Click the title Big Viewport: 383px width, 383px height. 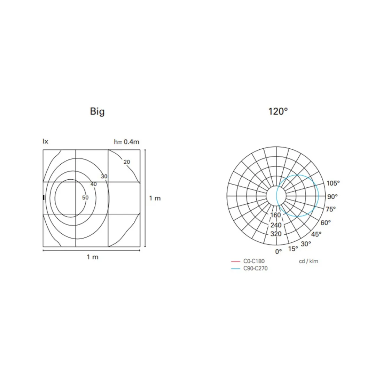[x=97, y=112]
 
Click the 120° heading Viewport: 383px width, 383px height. [x=278, y=111]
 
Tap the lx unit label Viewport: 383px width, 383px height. [x=45, y=141]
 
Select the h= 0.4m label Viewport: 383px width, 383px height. [x=126, y=142]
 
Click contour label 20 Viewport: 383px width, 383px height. [x=127, y=162]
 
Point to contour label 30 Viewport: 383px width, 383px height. [x=104, y=177]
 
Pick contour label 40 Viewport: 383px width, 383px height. [x=94, y=184]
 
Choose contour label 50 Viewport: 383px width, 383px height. [x=85, y=198]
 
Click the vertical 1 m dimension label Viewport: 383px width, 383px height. [x=155, y=198]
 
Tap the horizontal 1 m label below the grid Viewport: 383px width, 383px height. [x=93, y=257]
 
